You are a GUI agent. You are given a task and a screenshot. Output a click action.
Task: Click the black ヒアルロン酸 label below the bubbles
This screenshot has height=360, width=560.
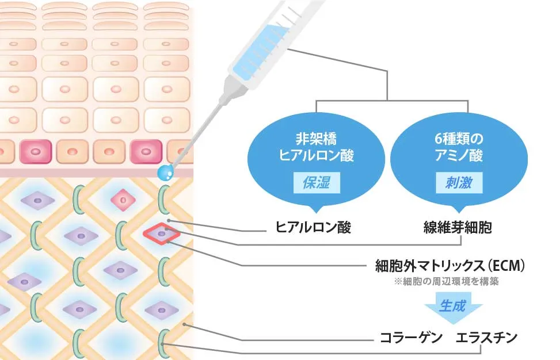coord(313,227)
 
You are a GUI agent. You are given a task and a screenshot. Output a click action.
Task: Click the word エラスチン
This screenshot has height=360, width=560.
coord(486,337)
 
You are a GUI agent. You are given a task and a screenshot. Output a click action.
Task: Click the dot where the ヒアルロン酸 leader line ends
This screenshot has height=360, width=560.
coord(169,220)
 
